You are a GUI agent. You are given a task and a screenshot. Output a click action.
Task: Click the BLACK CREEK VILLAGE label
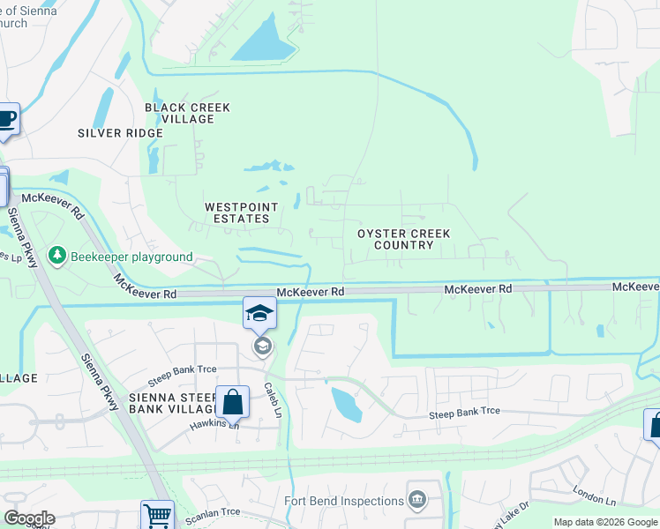point(187,113)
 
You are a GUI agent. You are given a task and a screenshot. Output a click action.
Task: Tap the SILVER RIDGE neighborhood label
point(120,133)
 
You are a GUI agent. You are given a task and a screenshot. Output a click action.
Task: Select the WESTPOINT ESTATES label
point(241,212)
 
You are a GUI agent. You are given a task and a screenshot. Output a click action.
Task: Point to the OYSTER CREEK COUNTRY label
point(403,239)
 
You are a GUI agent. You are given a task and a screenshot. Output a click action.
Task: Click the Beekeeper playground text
point(133,257)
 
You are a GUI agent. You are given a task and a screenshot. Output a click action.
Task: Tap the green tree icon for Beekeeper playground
point(58,256)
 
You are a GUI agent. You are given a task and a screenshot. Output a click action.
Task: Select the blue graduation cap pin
point(260,312)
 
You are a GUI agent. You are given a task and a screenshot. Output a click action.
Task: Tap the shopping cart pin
point(157,515)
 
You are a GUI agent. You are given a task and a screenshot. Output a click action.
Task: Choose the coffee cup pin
point(6,119)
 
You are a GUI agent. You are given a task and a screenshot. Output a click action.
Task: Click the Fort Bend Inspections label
point(344,501)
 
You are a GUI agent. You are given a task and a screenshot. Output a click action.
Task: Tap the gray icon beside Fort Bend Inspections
point(417,501)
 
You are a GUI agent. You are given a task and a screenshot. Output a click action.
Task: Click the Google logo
point(28,518)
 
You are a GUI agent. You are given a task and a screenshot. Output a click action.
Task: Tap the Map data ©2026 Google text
point(605,522)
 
